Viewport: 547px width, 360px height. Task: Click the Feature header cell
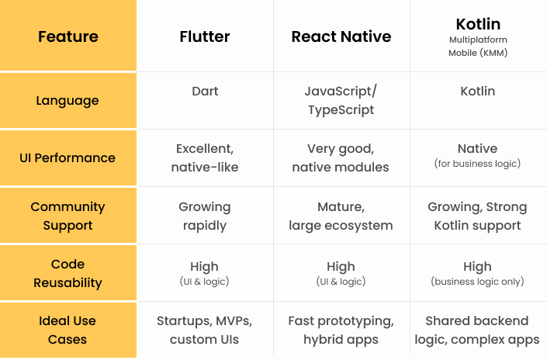click(x=68, y=36)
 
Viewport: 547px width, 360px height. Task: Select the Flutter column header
click(x=205, y=36)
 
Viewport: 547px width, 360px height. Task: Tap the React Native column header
click(x=341, y=36)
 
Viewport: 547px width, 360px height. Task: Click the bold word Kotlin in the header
click(x=478, y=24)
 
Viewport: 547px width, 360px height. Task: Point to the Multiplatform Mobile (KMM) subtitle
click(x=478, y=46)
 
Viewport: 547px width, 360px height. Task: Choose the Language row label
click(x=68, y=100)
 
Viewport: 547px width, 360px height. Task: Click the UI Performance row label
click(x=68, y=157)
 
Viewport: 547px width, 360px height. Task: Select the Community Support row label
click(x=68, y=216)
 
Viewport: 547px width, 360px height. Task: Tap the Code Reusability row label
click(x=68, y=273)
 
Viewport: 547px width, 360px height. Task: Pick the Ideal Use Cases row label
click(x=68, y=330)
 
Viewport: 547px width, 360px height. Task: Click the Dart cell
click(x=205, y=91)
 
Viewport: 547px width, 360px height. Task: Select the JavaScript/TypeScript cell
click(x=341, y=100)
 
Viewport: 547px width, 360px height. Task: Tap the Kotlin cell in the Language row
click(x=478, y=91)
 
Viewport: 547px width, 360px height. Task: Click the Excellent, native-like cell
click(x=205, y=157)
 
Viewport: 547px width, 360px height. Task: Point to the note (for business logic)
click(x=478, y=163)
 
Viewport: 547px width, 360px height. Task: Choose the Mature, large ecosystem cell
click(x=341, y=216)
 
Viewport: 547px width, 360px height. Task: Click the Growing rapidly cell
click(x=205, y=216)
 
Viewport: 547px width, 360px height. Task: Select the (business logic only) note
click(x=478, y=281)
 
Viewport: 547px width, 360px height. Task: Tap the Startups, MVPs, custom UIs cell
click(x=204, y=330)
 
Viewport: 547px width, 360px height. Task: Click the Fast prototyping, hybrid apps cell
click(x=341, y=330)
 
